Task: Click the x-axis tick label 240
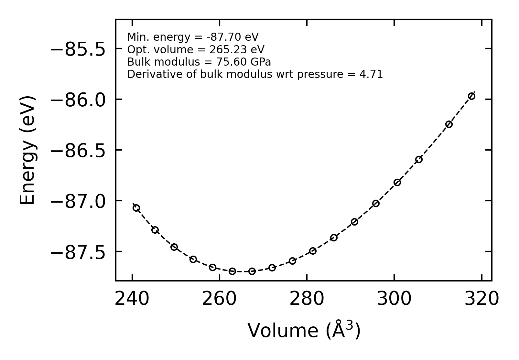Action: pos(132,299)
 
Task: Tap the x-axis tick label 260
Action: pos(219,299)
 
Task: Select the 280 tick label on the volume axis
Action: pos(307,299)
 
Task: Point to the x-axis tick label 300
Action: pos(394,299)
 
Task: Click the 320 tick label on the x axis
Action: pos(481,299)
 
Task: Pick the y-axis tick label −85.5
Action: pos(78,49)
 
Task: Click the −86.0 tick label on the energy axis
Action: pos(78,100)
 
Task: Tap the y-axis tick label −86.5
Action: pos(78,151)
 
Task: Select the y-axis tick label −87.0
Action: pos(78,202)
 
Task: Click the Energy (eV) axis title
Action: pos(27,150)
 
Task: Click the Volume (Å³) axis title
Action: pos(304,331)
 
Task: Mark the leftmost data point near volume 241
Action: pos(136,208)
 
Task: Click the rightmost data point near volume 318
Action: pos(471,96)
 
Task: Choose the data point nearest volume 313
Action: pos(449,124)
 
